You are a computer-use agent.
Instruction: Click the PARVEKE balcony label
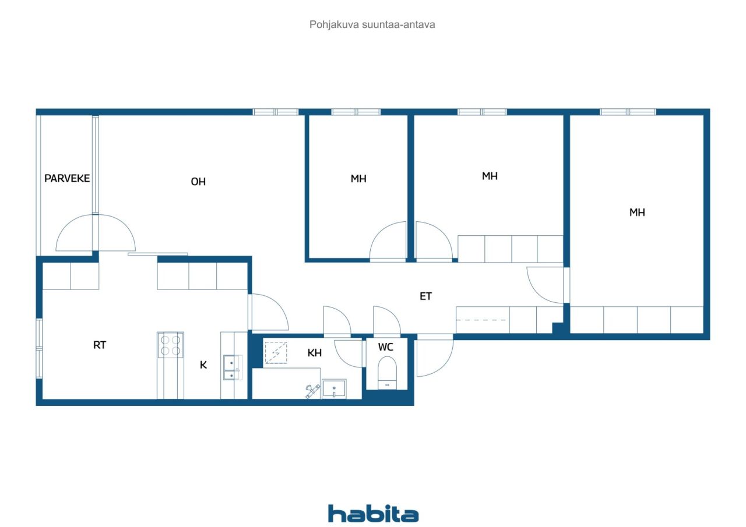pyautogui.click(x=67, y=178)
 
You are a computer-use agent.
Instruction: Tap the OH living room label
pyautogui.click(x=198, y=182)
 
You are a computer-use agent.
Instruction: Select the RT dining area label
pyautogui.click(x=100, y=345)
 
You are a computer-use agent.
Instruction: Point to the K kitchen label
pyautogui.click(x=203, y=365)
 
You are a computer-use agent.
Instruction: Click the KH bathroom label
pyautogui.click(x=314, y=353)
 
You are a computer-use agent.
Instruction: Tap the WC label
pyautogui.click(x=386, y=347)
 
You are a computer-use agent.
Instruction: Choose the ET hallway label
pyautogui.click(x=425, y=296)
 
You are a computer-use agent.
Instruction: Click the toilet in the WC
pyautogui.click(x=388, y=373)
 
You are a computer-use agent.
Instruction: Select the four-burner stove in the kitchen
pyautogui.click(x=171, y=345)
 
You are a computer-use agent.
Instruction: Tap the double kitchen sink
pyautogui.click(x=233, y=367)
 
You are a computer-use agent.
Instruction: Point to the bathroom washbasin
pyautogui.click(x=334, y=388)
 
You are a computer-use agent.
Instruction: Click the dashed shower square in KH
pyautogui.click(x=276, y=353)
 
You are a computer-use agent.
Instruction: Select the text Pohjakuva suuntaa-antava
pyautogui.click(x=372, y=24)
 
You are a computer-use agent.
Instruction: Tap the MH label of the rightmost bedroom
pyautogui.click(x=637, y=213)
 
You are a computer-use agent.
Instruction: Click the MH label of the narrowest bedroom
pyautogui.click(x=358, y=179)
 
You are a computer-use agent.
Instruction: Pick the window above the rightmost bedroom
pyautogui.click(x=628, y=112)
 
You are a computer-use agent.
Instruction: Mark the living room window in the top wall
pyautogui.click(x=276, y=112)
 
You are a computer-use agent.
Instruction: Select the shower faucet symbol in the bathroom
pyautogui.click(x=313, y=391)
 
